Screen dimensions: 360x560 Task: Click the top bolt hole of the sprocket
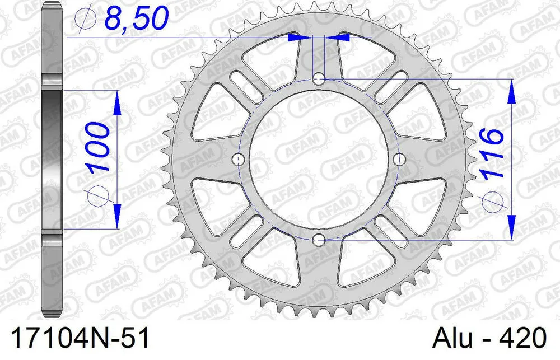click(x=319, y=77)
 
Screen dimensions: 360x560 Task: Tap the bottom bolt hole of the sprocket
click(x=319, y=241)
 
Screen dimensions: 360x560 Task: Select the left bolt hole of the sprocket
click(x=238, y=160)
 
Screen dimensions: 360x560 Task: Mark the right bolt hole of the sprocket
click(x=400, y=160)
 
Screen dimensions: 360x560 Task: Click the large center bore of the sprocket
click(x=319, y=160)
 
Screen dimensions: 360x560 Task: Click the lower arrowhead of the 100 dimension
click(x=117, y=218)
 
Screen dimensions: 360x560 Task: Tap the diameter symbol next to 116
click(x=491, y=200)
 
